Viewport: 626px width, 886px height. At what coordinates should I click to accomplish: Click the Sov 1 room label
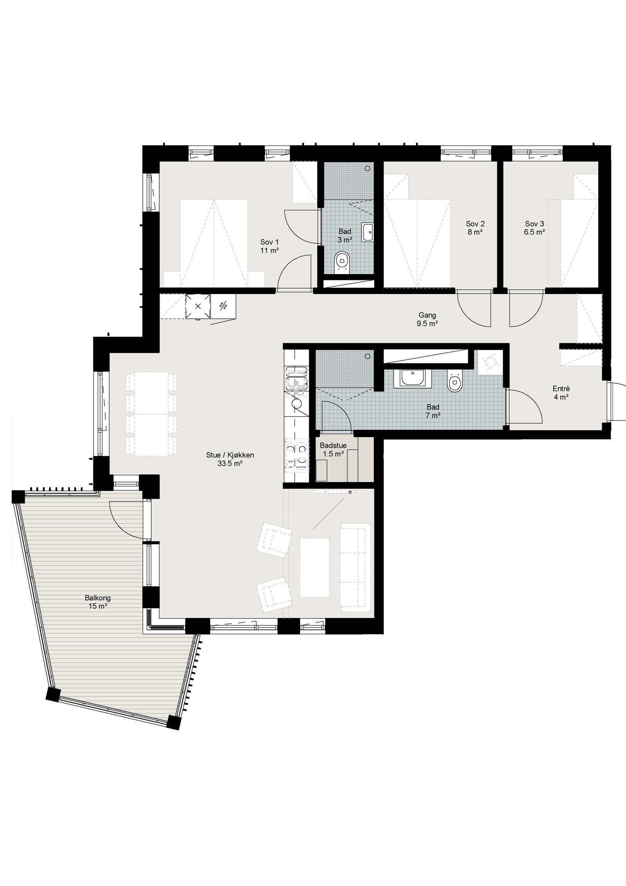[x=270, y=246]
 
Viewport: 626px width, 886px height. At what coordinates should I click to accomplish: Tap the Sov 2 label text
[x=475, y=228]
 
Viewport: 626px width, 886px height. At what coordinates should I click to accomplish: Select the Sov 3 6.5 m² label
[x=534, y=228]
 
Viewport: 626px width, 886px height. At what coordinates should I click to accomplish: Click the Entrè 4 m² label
[x=561, y=393]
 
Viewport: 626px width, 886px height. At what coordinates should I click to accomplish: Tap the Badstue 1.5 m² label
[x=333, y=450]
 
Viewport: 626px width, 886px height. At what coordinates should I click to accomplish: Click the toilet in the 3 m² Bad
[x=342, y=260]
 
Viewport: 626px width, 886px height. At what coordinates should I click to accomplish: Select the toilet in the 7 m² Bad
[x=454, y=381]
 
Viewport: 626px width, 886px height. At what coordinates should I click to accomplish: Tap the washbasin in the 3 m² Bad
[x=367, y=232]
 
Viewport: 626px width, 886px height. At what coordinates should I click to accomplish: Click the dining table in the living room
[x=151, y=415]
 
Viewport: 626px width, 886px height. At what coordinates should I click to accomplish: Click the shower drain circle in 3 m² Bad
[x=367, y=168]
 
